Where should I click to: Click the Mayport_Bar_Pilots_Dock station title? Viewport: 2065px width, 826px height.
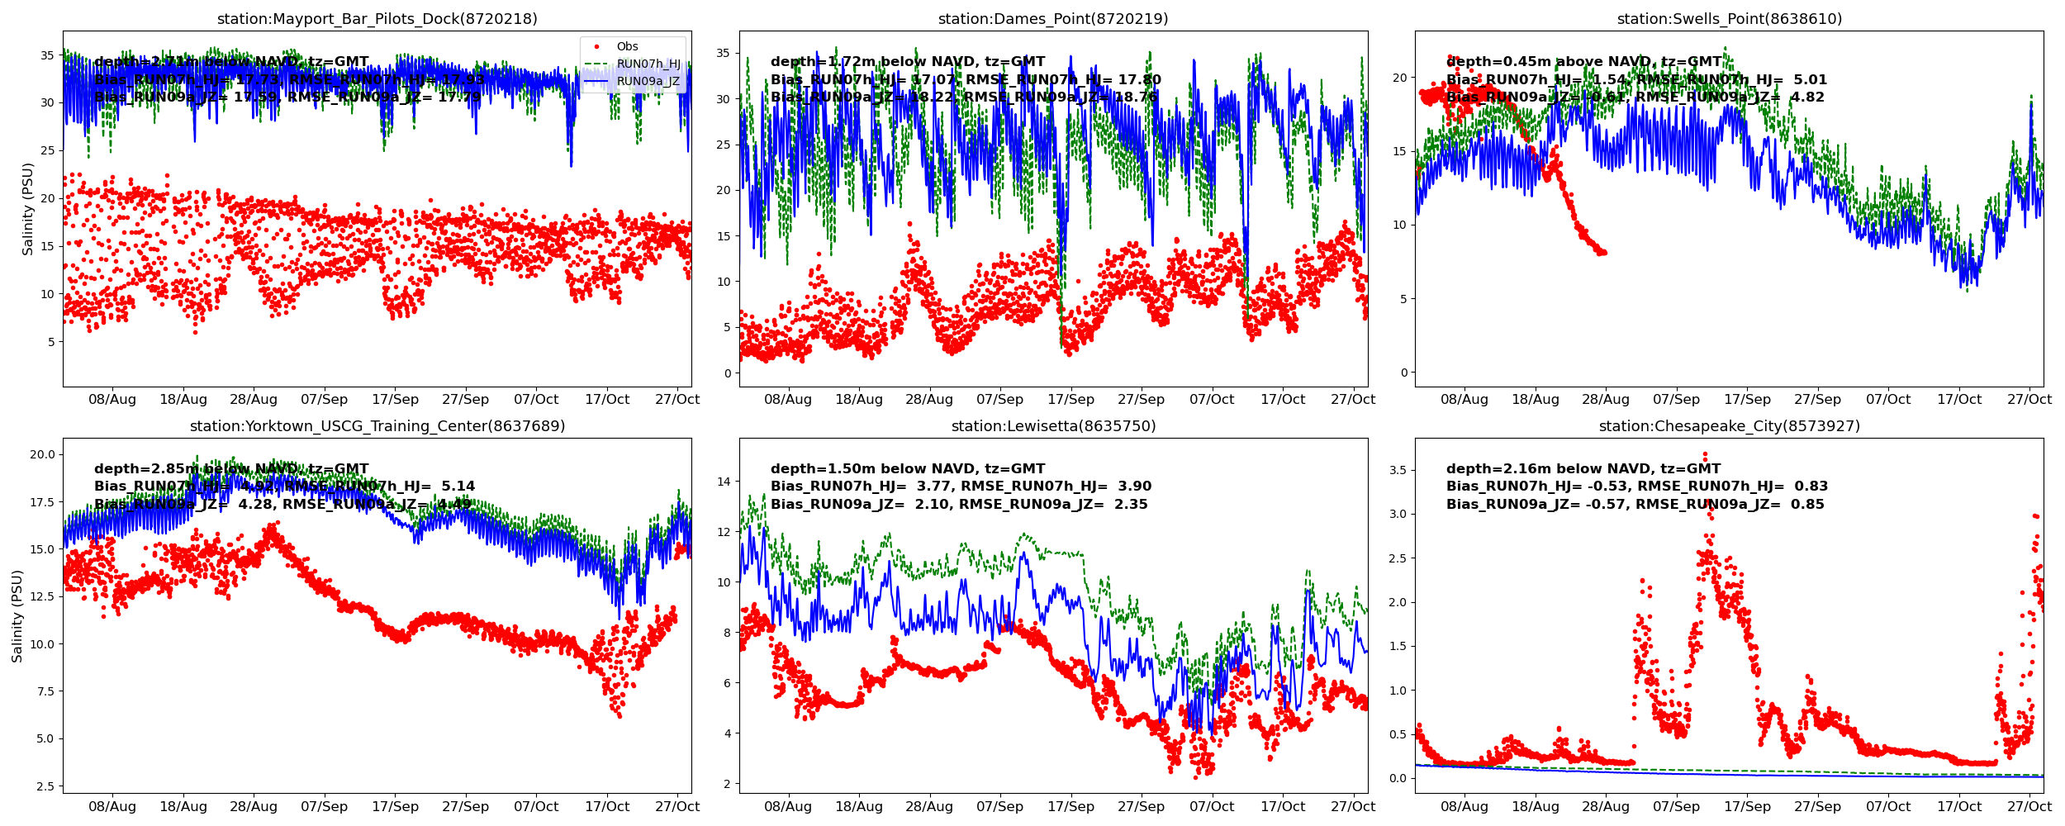tap(377, 19)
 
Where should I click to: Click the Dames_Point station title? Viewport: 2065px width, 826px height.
tap(1053, 19)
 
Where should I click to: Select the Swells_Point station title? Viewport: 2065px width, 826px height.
tap(1729, 19)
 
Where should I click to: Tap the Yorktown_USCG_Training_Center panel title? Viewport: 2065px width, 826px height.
tap(377, 426)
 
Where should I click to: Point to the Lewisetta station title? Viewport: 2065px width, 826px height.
tap(1053, 426)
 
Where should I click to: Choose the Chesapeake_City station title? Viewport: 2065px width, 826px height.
tap(1729, 426)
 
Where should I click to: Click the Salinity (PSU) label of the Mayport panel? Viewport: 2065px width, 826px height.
tap(28, 209)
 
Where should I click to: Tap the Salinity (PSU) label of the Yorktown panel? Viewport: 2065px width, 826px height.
tap(17, 616)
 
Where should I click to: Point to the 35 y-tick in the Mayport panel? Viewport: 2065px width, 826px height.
tap(48, 56)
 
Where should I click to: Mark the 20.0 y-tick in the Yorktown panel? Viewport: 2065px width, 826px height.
tap(42, 454)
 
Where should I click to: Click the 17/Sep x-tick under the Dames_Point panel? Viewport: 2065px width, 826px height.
tap(1070, 400)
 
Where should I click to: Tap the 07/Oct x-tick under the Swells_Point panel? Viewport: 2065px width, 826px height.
tap(1888, 400)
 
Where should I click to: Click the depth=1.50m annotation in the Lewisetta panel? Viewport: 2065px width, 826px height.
tap(907, 469)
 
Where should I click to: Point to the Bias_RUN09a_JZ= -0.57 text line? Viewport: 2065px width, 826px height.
tap(1635, 505)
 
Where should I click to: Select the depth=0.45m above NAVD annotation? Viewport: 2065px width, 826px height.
tap(1583, 62)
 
